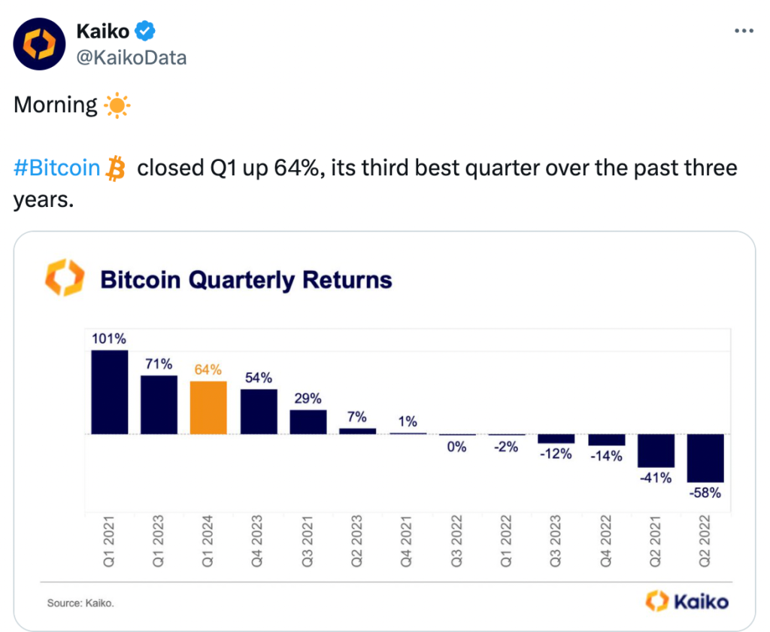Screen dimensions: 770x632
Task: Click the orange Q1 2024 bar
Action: (208, 407)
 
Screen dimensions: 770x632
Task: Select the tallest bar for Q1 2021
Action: (110, 392)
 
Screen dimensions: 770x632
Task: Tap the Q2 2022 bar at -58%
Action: (705, 458)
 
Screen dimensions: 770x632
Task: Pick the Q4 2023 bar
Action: (259, 412)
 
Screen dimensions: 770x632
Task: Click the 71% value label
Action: (159, 364)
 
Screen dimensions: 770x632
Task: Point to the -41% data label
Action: (656, 478)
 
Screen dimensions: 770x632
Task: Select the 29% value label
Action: (308, 398)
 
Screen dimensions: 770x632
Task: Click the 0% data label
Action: (456, 447)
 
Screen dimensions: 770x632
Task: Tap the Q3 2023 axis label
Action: (556, 541)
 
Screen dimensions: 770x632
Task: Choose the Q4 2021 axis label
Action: (406, 541)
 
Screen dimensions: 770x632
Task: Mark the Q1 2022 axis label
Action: (506, 541)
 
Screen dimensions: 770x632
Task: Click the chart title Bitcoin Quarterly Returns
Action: (246, 280)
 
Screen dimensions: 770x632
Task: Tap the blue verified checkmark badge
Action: (145, 31)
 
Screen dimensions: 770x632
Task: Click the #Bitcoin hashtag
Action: (56, 168)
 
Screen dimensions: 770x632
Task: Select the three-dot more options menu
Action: (744, 31)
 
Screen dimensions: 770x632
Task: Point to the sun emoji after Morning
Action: (117, 105)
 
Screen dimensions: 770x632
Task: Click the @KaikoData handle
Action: (132, 58)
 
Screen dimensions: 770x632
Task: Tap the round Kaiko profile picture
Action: (39, 44)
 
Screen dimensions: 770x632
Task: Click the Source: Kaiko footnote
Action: (80, 603)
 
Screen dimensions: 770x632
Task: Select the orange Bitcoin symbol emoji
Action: (116, 169)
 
